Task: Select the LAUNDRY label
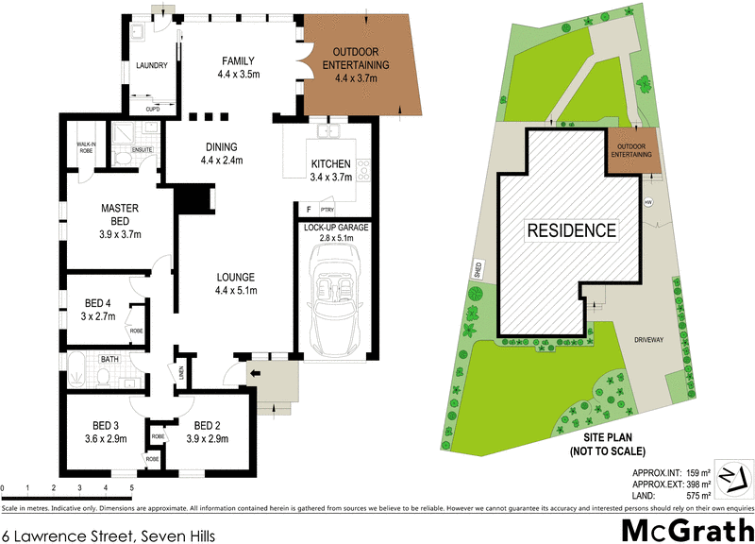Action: pos(151,65)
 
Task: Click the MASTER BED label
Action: pos(120,213)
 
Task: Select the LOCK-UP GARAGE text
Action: pos(336,228)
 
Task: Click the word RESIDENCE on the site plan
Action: pos(571,229)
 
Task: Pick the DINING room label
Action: pos(221,154)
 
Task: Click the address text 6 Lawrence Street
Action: pos(109,534)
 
